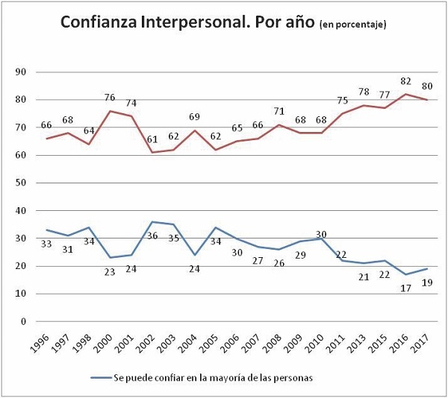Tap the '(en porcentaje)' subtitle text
[x=352, y=26]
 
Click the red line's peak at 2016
[x=405, y=94]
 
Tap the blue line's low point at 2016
[x=405, y=274]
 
